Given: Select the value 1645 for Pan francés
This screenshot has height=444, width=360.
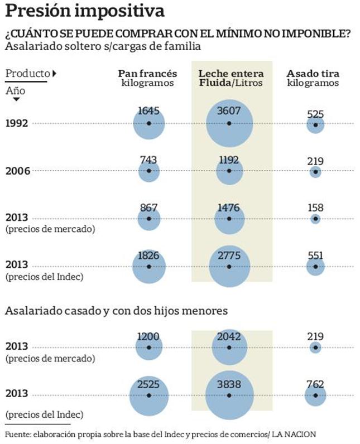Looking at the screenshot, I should click(148, 111).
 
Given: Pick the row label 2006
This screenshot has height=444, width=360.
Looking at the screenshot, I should click(17, 170).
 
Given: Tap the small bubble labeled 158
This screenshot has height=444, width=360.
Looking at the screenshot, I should click(315, 219).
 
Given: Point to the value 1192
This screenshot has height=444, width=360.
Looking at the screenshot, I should click(229, 160).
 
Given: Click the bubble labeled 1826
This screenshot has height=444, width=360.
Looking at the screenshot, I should click(149, 267).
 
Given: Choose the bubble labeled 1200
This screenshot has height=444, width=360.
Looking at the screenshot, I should click(149, 348).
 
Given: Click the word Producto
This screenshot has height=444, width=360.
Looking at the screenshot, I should click(27, 73).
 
